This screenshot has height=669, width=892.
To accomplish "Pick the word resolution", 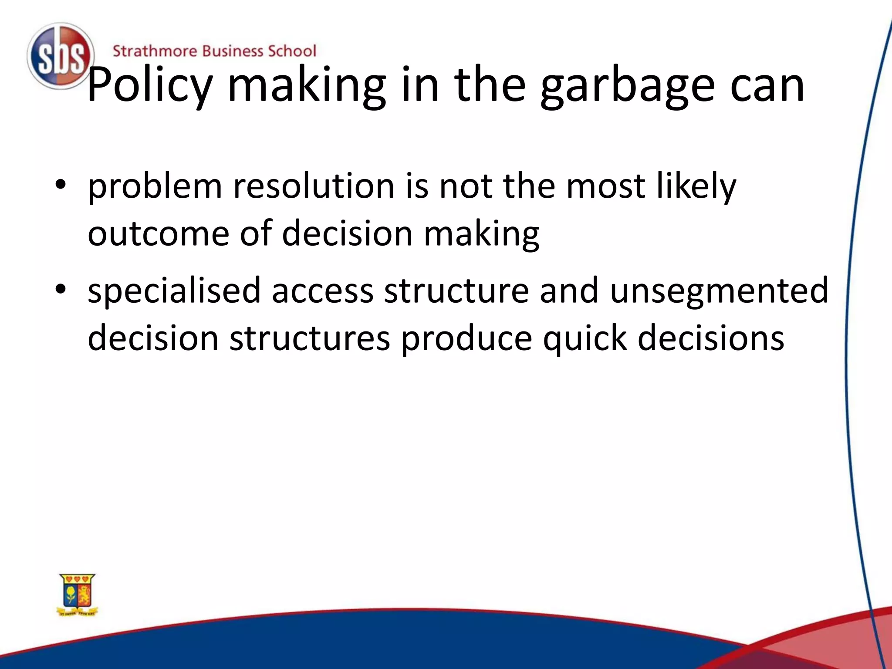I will [314, 186].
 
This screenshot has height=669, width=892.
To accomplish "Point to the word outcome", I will [158, 233].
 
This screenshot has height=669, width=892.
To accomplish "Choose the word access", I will [322, 291].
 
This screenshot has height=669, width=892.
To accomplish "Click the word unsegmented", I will [719, 291].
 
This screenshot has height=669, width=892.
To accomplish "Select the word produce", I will [466, 339].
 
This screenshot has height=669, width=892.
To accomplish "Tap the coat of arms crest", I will [78, 594].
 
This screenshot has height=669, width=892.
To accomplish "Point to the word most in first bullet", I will [605, 186].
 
